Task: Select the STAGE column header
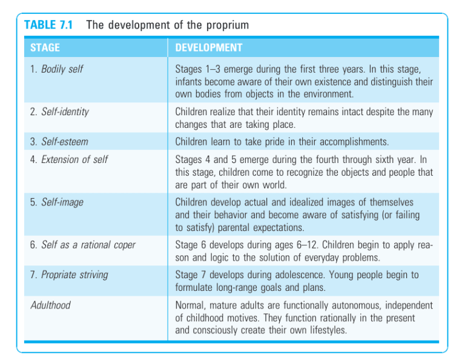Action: pos(45,47)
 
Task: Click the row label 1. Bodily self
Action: pos(57,69)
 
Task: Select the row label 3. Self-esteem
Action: pos(59,141)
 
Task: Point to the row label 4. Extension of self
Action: pos(69,160)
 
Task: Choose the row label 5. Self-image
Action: pos(58,202)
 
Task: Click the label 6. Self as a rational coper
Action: pos(83,245)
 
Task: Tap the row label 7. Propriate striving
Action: pos(69,275)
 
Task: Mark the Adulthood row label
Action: pos(50,305)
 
